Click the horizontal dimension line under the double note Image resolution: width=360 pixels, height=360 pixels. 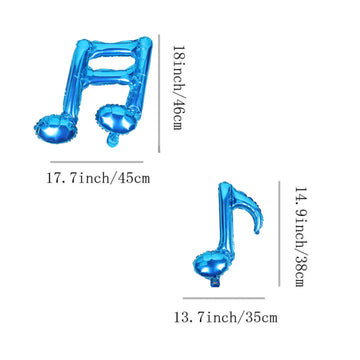(x=97, y=159)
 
